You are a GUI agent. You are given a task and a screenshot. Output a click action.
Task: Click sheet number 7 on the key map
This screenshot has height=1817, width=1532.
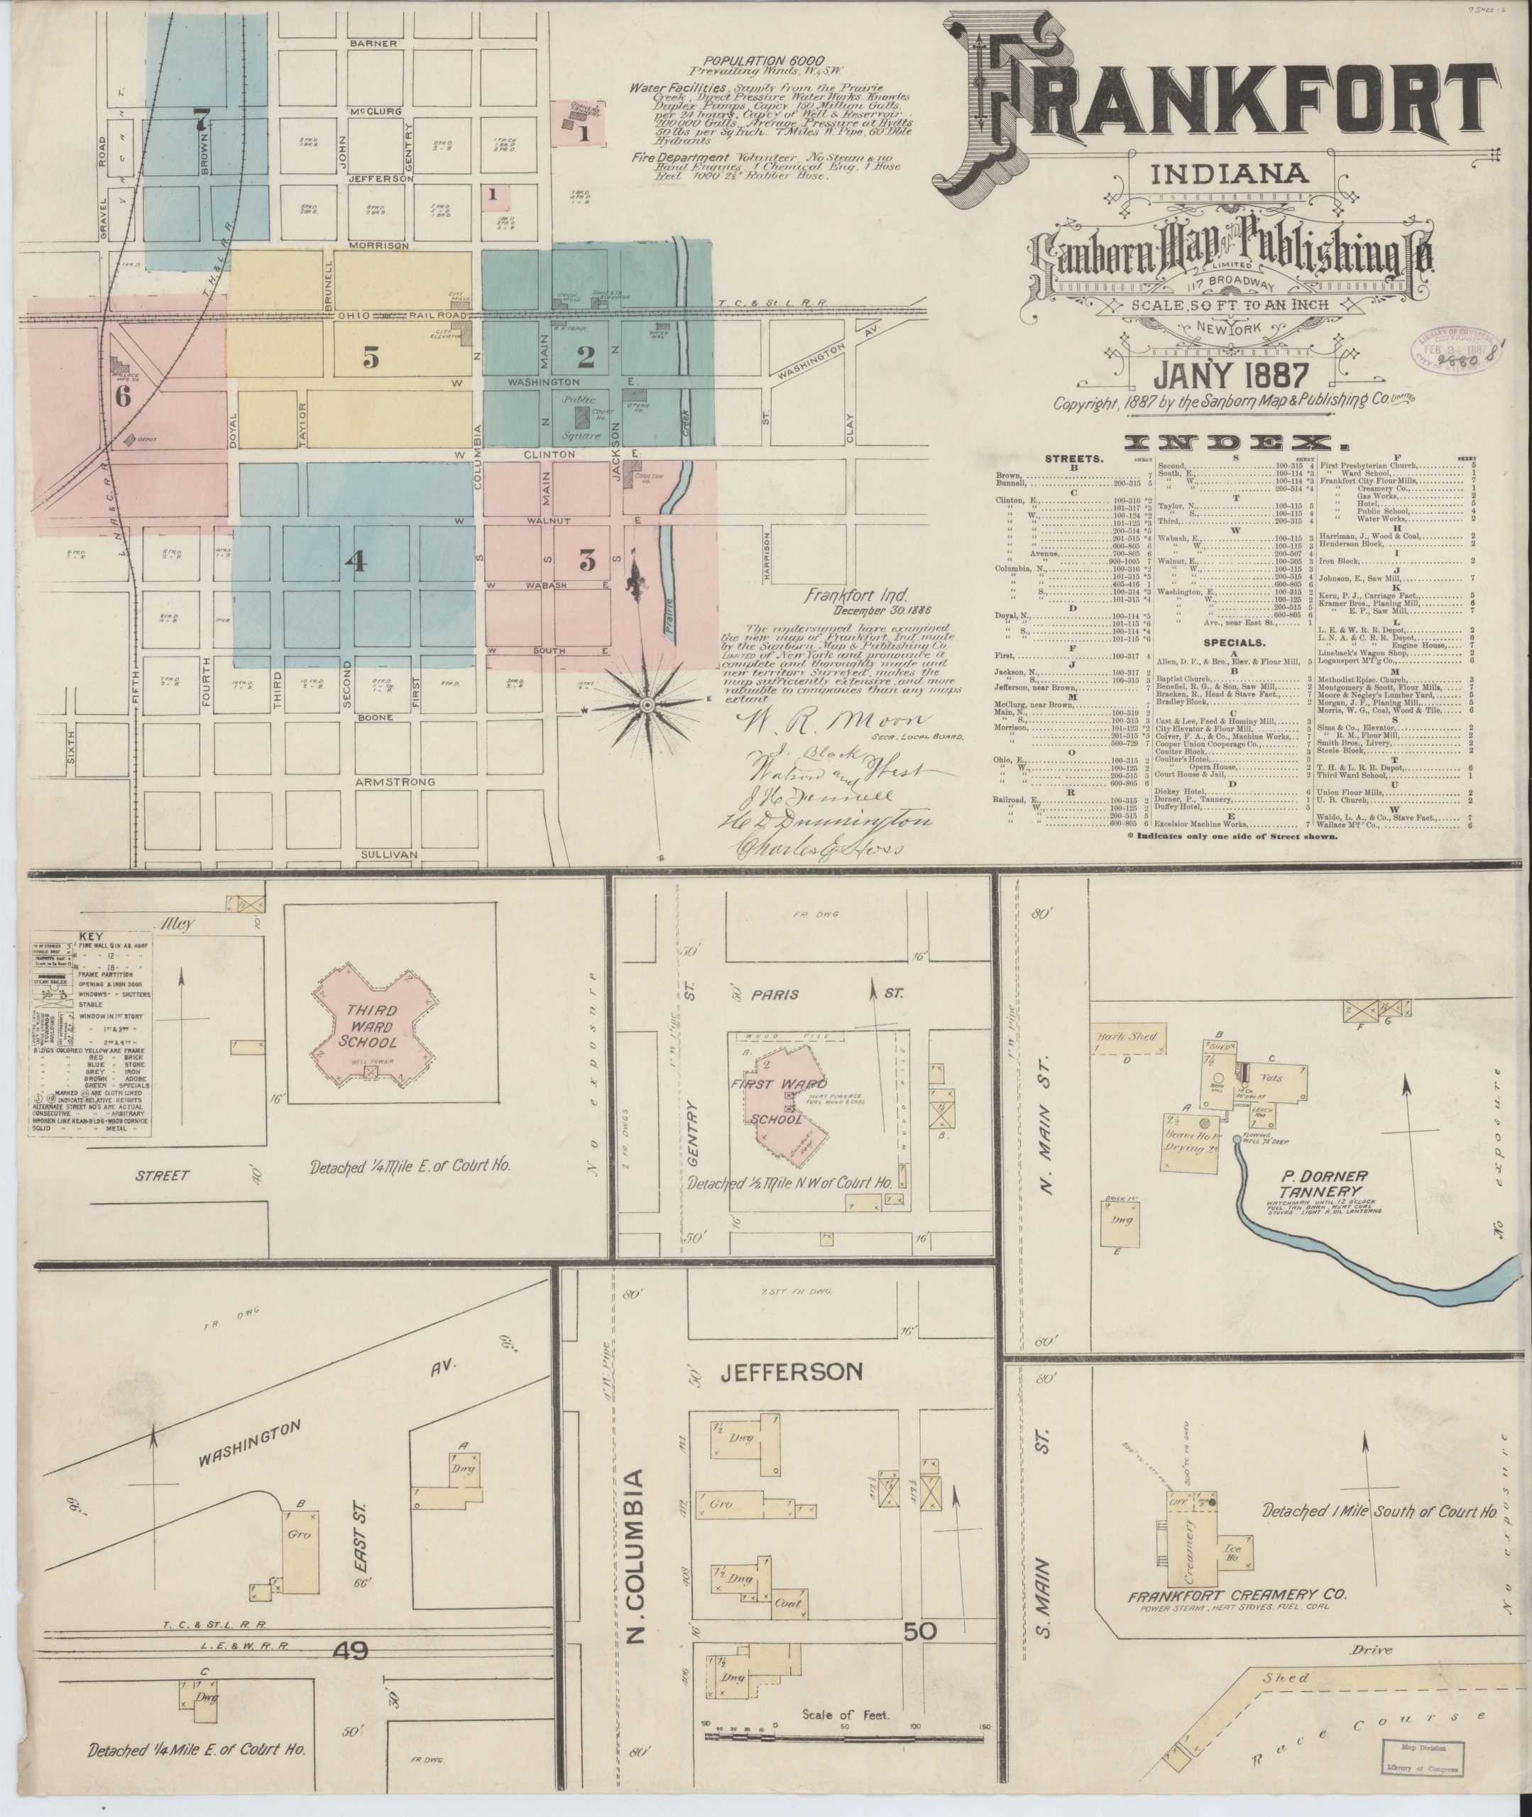point(202,117)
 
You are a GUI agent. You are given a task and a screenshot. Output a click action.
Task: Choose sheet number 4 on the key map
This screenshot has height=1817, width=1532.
point(354,561)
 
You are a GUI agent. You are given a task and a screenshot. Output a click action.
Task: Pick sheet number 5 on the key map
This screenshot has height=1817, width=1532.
point(370,356)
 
